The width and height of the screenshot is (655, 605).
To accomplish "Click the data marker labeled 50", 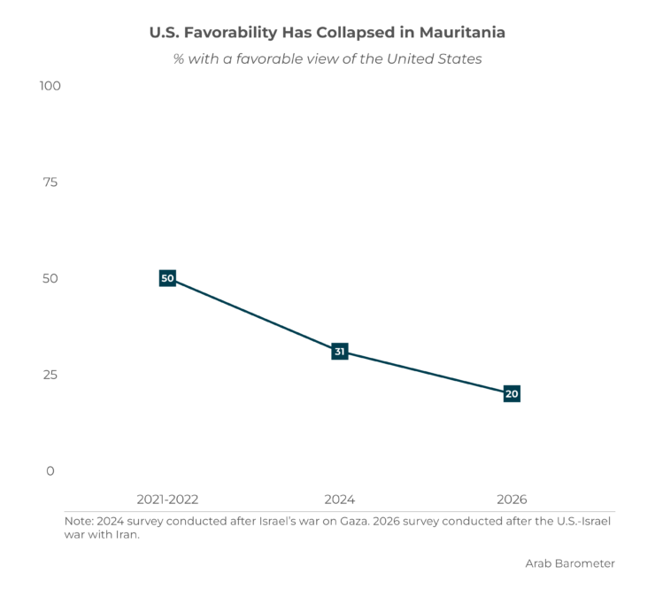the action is pos(167,278).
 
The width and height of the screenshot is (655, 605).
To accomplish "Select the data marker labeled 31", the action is pos(340,351).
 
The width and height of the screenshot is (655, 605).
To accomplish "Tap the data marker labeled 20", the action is pos(512,394).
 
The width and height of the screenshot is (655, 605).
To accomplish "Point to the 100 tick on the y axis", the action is pos(50,86).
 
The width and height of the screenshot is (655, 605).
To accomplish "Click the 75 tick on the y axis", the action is pos(50,182).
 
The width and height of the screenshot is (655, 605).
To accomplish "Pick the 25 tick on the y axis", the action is pos(50,375).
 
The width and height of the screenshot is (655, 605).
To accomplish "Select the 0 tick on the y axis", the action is pos(50,471).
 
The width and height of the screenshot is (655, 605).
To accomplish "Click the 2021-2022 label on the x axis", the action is pos(167,500).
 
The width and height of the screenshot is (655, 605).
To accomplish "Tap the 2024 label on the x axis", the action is pos(340,500).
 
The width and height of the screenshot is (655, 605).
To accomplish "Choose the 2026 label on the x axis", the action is pos(512,500).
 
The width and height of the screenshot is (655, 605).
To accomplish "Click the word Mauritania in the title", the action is pos(462,33).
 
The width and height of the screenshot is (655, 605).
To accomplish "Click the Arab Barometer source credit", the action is pos(570,563).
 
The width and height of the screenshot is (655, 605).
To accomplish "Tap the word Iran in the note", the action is pos(127,535).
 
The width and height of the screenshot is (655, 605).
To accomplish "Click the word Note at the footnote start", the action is pos(79,522).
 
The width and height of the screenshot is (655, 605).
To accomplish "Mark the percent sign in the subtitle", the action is pos(179,59).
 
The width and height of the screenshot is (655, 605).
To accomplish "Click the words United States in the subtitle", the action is pos(434,59).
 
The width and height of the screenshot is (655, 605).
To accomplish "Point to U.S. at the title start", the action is pos(165,33).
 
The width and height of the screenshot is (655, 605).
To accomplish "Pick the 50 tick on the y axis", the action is pos(50,278).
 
